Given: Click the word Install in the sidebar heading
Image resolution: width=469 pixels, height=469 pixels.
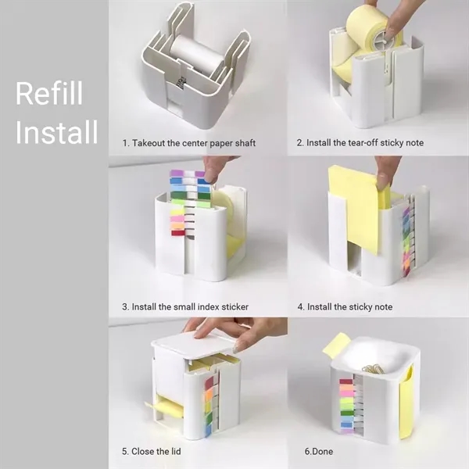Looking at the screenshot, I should [x=56, y=133].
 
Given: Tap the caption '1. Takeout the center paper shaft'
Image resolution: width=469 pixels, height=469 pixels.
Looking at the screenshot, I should [x=188, y=143].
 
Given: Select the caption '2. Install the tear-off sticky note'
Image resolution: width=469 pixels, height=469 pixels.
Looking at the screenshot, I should [x=371, y=143].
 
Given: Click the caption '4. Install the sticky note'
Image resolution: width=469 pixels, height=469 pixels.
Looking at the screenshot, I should [x=345, y=306].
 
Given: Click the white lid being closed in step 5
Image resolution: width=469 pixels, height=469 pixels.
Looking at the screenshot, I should [x=192, y=345].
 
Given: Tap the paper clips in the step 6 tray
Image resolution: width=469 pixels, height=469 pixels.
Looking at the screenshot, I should [x=374, y=367].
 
